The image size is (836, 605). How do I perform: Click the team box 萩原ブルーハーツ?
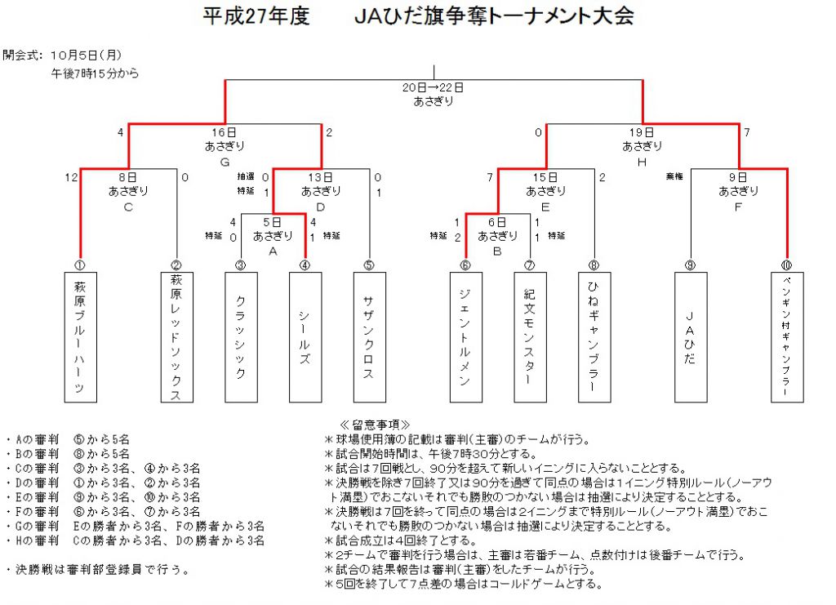pyautogui.click(x=81, y=337)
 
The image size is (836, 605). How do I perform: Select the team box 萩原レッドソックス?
pyautogui.click(x=177, y=337)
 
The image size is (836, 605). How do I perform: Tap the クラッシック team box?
pyautogui.click(x=241, y=337)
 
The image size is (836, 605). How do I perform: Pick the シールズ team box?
pyautogui.click(x=305, y=337)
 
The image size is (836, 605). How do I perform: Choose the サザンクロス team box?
pyautogui.click(x=370, y=337)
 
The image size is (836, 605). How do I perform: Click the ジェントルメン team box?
pyautogui.click(x=466, y=337)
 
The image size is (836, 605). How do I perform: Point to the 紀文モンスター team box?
pyautogui.click(x=530, y=337)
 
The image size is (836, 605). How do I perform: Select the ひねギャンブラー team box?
pyautogui.click(x=594, y=337)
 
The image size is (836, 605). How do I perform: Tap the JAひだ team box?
pyautogui.click(x=691, y=337)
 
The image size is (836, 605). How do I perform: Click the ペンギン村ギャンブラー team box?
pyautogui.click(x=787, y=337)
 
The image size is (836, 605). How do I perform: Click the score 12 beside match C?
pyautogui.click(x=72, y=177)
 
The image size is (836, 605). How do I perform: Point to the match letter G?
pyautogui.click(x=225, y=162)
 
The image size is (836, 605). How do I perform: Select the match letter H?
pyautogui.click(x=642, y=162)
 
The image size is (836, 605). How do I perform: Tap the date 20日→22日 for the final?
pyautogui.click(x=433, y=87)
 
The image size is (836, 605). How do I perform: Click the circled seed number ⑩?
pyautogui.click(x=786, y=265)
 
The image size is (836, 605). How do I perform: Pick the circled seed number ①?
pyautogui.click(x=80, y=265)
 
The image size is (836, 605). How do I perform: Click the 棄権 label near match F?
pyautogui.click(x=674, y=176)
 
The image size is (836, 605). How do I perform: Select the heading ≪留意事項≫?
pyautogui.click(x=375, y=425)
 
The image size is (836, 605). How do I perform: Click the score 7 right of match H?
pyautogui.click(x=747, y=132)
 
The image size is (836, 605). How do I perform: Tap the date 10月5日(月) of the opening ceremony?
pyautogui.click(x=87, y=55)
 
